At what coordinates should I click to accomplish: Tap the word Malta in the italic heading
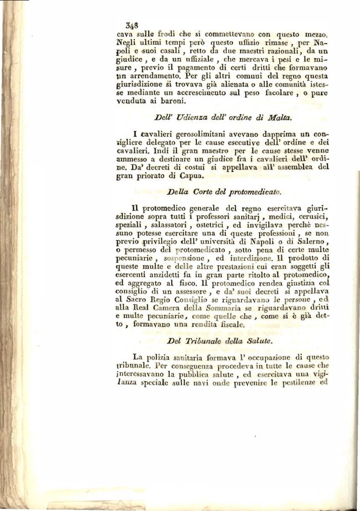coord(280,118)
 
